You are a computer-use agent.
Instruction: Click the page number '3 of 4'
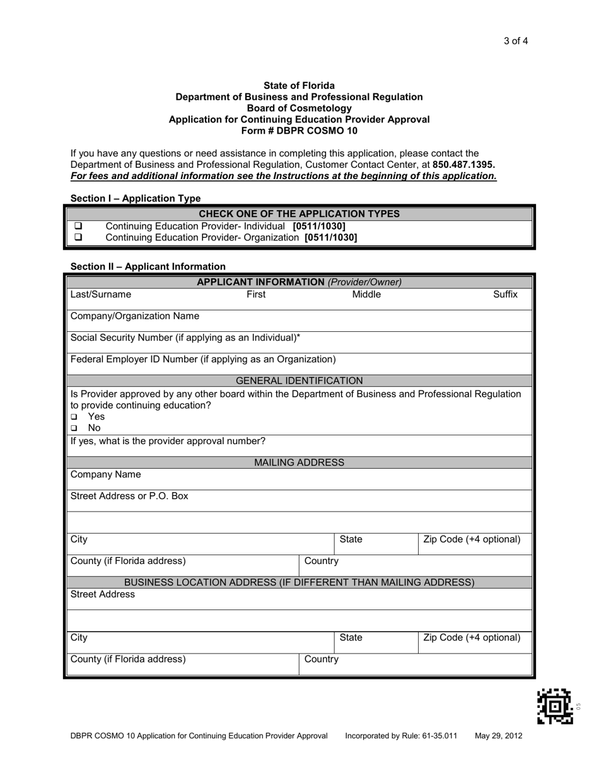515,42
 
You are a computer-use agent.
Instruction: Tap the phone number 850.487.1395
463,165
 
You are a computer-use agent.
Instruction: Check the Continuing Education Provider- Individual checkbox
79,226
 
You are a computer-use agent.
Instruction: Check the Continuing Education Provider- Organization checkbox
79,238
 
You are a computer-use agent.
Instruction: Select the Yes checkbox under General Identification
74,417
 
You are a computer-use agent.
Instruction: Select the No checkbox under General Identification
74,428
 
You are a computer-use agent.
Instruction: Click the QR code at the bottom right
555,707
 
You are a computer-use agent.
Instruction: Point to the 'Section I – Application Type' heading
136,198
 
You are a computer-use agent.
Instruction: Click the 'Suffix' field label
505,295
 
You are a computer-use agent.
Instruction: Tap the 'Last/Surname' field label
101,295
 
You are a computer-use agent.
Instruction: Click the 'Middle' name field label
366,295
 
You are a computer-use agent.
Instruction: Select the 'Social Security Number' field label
185,338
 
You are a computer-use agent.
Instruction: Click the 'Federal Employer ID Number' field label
203,359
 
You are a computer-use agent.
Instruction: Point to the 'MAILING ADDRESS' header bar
299,462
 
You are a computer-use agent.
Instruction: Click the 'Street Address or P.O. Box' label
129,496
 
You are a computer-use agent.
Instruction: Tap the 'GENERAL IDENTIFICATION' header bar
299,380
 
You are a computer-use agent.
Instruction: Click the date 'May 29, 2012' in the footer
499,736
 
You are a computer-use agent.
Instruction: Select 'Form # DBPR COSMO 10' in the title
299,131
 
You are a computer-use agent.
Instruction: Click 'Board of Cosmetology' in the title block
299,108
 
